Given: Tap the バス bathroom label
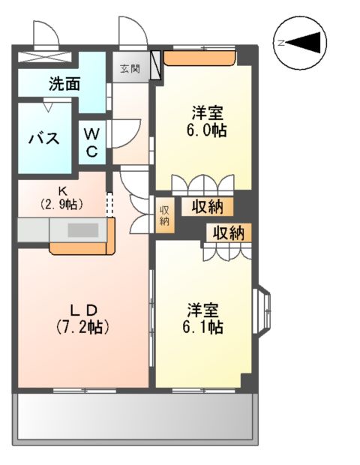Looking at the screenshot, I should click(x=44, y=139).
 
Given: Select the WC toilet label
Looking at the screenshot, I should click(x=91, y=142).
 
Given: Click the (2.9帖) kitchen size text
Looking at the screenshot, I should click(x=61, y=204).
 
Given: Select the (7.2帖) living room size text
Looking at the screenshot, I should click(x=82, y=327).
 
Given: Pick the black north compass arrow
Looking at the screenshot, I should click(x=304, y=43).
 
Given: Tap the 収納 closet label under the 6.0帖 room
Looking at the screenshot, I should click(x=206, y=206).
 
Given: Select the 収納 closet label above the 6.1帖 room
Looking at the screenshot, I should click(x=227, y=232).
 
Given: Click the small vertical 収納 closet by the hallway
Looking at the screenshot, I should click(x=163, y=216).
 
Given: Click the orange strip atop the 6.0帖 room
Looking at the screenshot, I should click(x=200, y=57).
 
